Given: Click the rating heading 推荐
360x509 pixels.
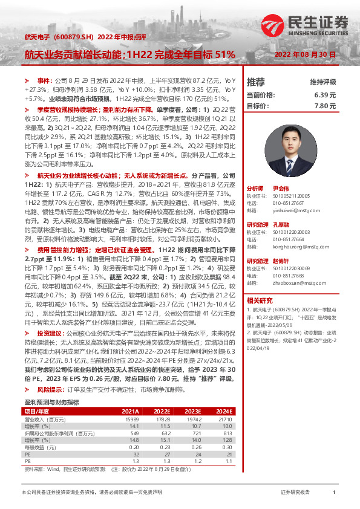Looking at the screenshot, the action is point(256,82).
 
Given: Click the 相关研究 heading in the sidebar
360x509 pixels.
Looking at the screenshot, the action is point(260,300).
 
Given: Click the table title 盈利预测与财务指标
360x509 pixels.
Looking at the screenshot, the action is point(52,384).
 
